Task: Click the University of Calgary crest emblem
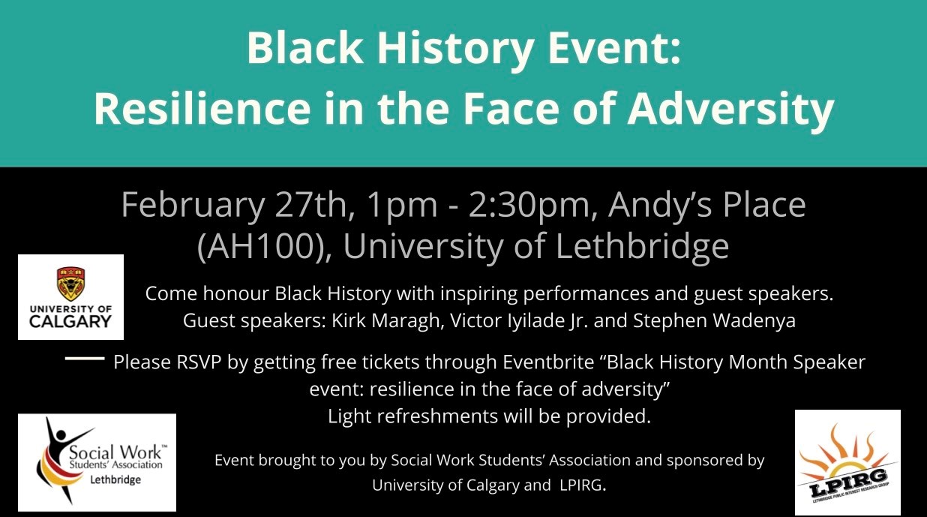point(70,284)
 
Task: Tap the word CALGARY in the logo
point(70,321)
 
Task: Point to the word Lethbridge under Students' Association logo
point(115,480)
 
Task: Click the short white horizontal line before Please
point(85,359)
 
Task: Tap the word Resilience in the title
point(202,109)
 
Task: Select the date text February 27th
point(233,206)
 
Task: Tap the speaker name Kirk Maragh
point(385,321)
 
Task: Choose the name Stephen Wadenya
point(714,321)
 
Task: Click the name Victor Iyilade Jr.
point(519,321)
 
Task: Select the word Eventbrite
point(548,362)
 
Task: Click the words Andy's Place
point(706,206)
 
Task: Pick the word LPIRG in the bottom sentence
point(580,485)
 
